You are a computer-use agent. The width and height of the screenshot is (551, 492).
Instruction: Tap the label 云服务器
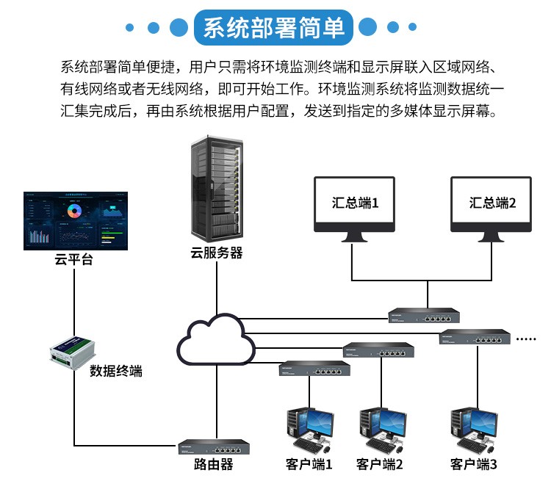click(217, 253)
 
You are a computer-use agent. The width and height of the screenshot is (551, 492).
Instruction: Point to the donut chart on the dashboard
click(73, 211)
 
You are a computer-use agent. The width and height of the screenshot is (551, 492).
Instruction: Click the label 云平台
click(73, 260)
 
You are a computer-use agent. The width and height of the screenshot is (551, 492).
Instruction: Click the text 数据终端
click(116, 371)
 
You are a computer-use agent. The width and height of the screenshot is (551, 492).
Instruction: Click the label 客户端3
click(474, 465)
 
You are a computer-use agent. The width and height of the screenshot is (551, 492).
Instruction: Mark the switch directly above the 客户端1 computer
click(310, 369)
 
